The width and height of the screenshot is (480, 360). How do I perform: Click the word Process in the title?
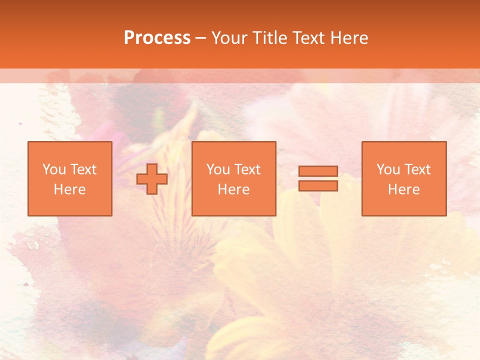[x=157, y=38]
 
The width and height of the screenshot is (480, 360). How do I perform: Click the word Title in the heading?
[x=269, y=38]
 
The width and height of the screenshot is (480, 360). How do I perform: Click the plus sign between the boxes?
[x=152, y=178]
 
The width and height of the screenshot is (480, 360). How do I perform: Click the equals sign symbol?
[x=318, y=178]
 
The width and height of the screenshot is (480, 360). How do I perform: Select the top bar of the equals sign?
[x=318, y=171]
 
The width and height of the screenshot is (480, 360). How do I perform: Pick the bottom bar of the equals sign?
[x=318, y=186]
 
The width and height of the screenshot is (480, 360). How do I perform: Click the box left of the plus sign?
[x=69, y=178]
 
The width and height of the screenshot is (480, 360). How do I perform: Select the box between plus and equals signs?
[x=233, y=178]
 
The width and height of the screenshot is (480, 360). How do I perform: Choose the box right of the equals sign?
[x=403, y=178]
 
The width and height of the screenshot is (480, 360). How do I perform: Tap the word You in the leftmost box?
[x=54, y=169]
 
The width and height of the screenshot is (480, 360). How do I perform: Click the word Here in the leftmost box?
[x=69, y=189]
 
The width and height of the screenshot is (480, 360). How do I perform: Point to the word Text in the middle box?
[x=247, y=169]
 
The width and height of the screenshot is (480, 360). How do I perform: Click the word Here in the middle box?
[x=233, y=189]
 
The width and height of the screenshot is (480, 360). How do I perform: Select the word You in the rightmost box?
[x=388, y=169]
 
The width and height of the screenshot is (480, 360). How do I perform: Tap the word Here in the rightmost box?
[x=403, y=189]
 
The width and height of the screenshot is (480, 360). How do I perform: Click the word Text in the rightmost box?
[x=417, y=169]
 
